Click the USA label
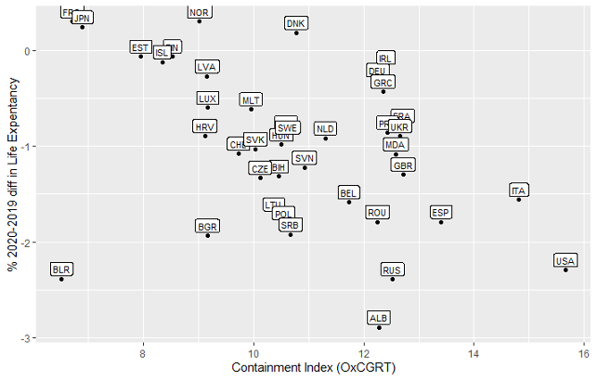tap(565, 260)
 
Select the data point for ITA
tap(519, 200)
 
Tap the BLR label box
tap(62, 269)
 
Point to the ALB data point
tap(379, 327)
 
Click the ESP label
tap(441, 213)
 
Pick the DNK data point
tap(296, 33)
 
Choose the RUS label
tap(392, 270)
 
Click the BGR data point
tap(208, 235)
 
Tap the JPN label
tap(83, 18)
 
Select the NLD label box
tap(325, 129)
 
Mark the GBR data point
tap(403, 174)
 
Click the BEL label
tap(349, 193)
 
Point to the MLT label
tap(251, 99)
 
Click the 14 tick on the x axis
tap(474, 354)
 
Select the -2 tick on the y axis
tap(27, 243)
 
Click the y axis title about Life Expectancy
tap(11, 172)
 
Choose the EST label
tap(140, 47)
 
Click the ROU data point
tap(377, 221)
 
